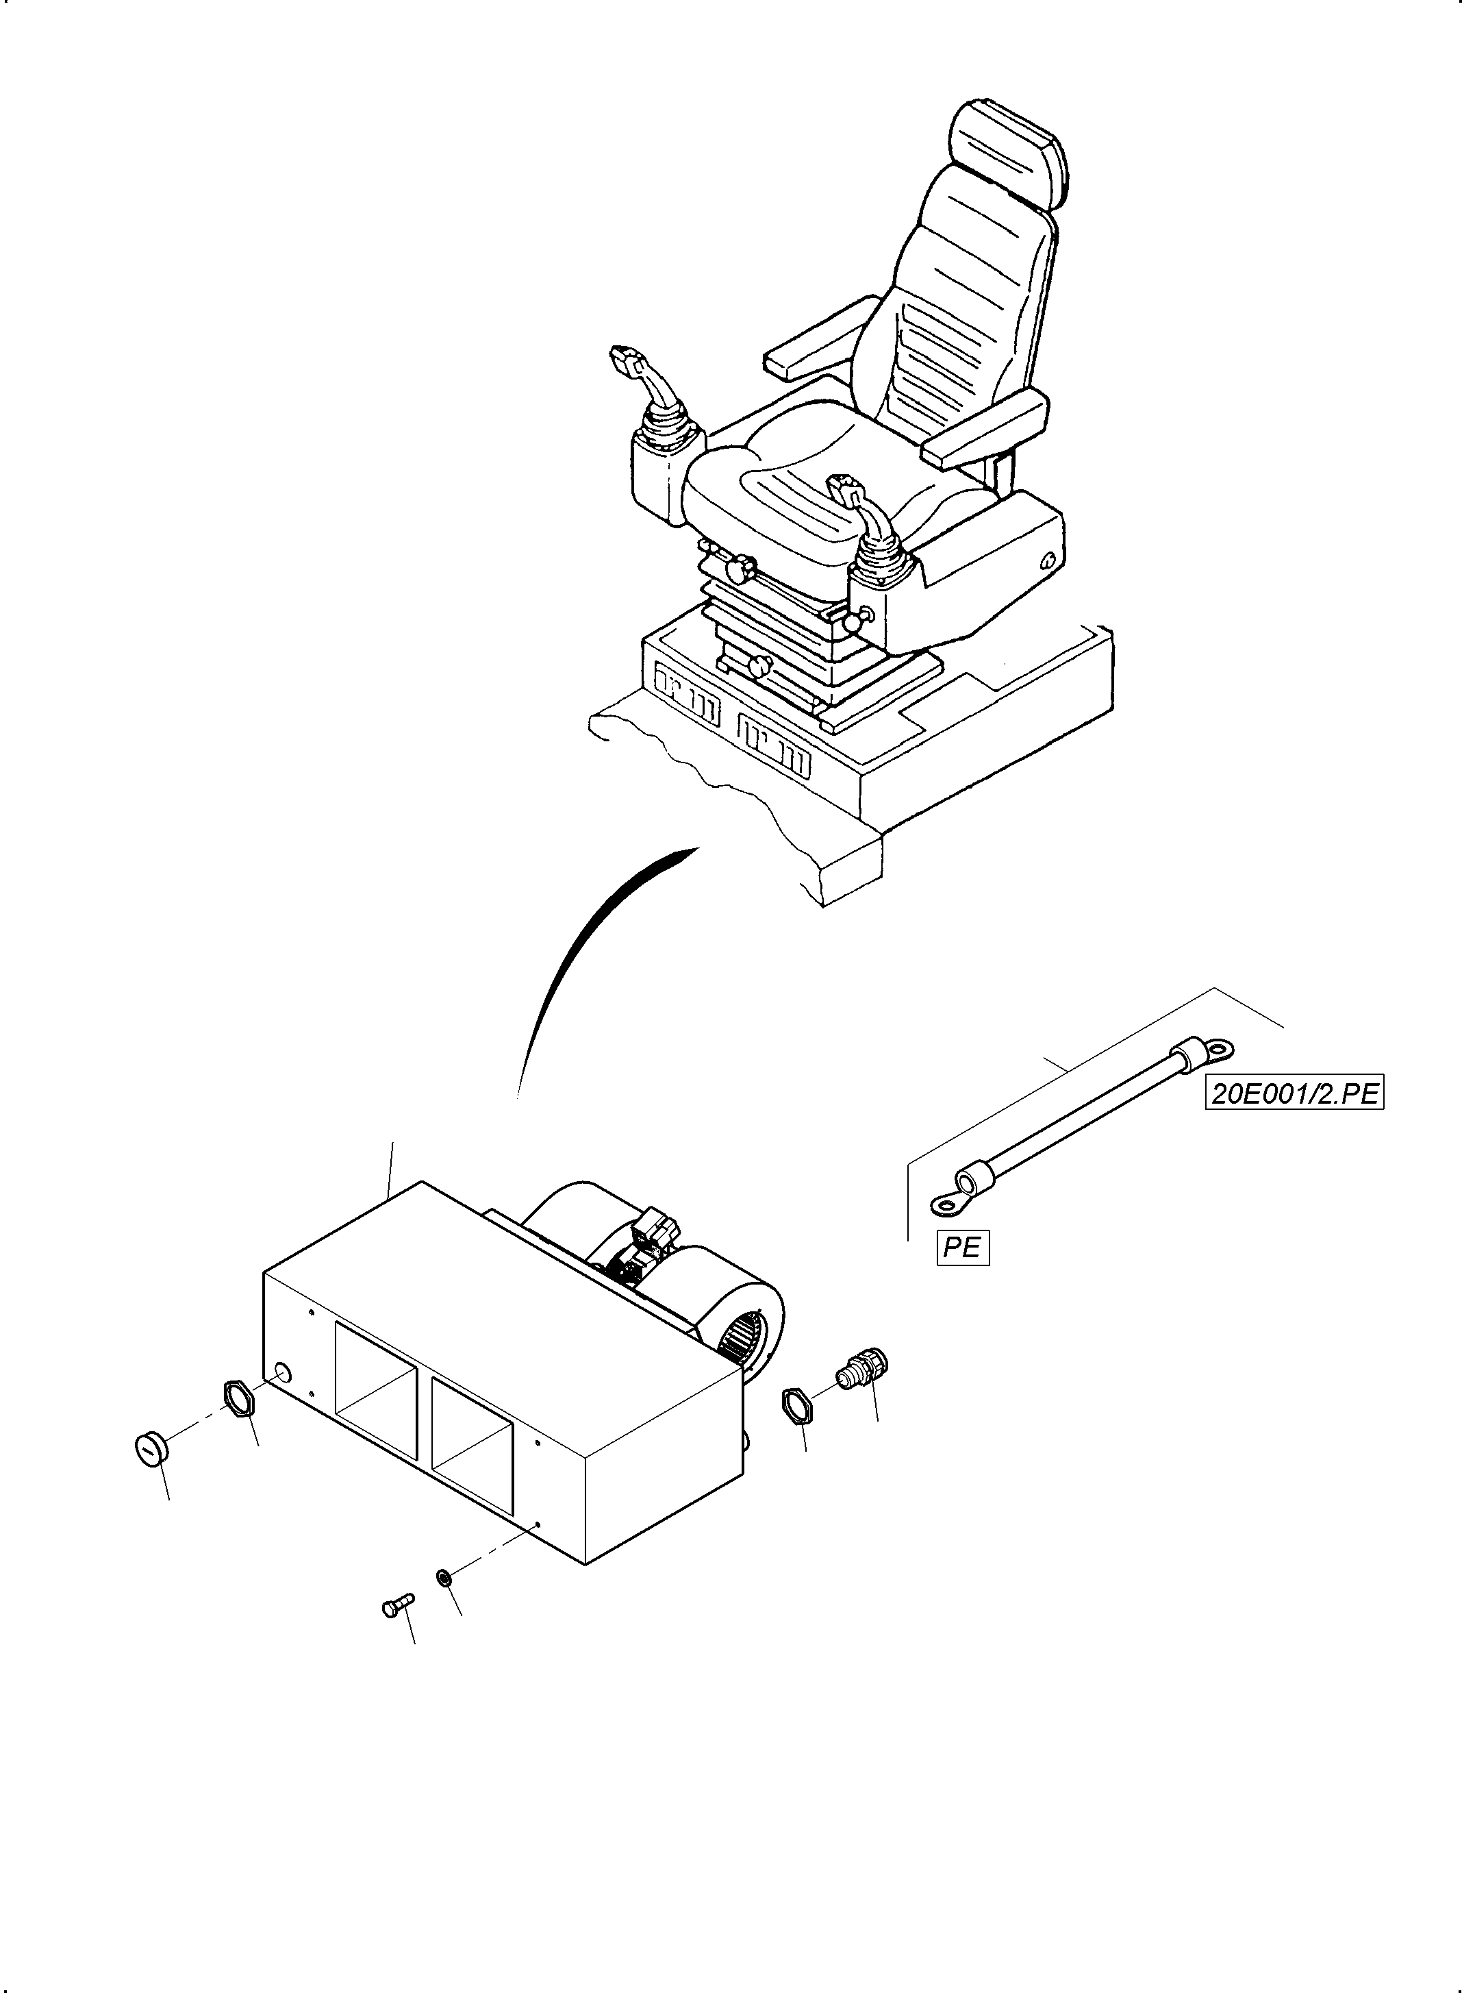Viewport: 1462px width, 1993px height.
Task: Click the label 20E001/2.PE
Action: [1294, 1093]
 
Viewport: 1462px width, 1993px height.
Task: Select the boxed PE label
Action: [962, 1247]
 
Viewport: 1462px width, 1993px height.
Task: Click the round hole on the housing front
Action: [281, 1372]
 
